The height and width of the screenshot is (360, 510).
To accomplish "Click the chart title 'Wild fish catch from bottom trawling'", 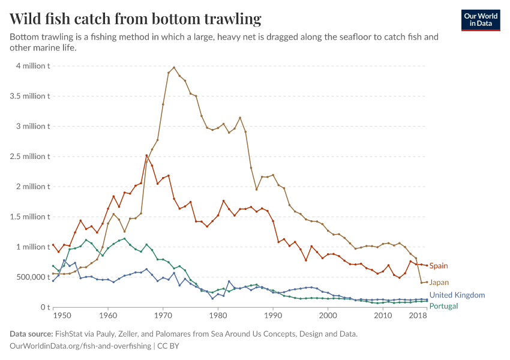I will [x=136, y=19].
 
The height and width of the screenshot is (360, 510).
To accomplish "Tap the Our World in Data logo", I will [x=481, y=20].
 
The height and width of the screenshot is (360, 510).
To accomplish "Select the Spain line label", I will [x=439, y=266].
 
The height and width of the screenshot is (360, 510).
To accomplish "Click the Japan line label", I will [x=439, y=282].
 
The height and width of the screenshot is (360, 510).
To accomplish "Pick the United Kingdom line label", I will [x=457, y=295].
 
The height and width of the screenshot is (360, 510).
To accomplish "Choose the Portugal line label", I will [x=444, y=306].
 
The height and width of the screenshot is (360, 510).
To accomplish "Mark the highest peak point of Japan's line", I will [x=174, y=67].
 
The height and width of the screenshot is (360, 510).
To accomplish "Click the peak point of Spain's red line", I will [x=146, y=155].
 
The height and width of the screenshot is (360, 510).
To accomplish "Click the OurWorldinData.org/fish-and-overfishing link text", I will [x=80, y=346].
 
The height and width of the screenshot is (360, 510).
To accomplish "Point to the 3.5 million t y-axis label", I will [x=29, y=96].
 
